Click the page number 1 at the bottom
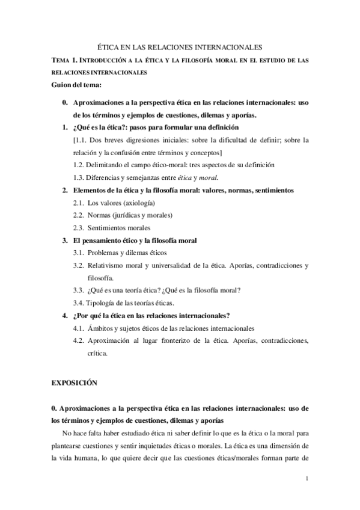tap(307, 479)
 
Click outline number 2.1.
tap(78, 203)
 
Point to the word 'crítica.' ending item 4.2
tap(97, 353)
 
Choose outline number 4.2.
tap(78, 340)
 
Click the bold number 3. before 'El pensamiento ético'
tap(65, 241)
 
